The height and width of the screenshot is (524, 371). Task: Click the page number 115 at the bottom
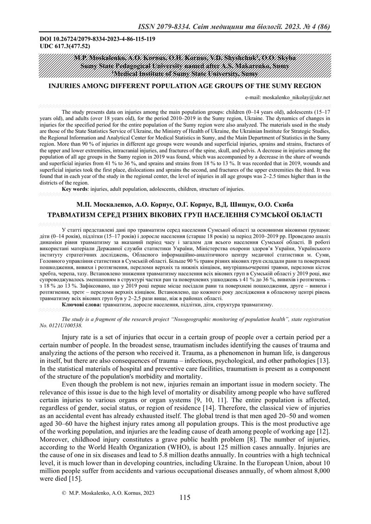pyautogui.click(x=185, y=498)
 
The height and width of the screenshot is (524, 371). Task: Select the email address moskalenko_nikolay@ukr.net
pyautogui.click(x=296, y=98)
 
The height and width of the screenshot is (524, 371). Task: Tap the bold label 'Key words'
pyautogui.click(x=77, y=189)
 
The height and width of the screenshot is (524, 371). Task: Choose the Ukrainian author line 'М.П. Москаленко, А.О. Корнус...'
pyautogui.click(x=185, y=205)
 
